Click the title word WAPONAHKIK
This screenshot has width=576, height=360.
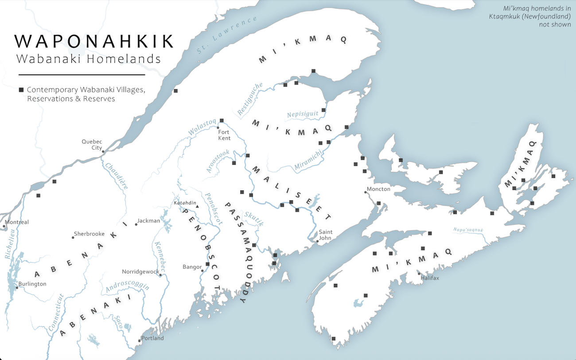(94, 41)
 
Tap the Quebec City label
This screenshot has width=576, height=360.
(92, 145)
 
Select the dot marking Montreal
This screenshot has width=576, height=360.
(4, 226)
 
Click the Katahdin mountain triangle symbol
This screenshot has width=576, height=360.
(197, 207)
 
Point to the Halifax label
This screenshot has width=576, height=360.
(430, 278)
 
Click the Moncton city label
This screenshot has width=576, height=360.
(379, 189)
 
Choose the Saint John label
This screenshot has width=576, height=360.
(326, 235)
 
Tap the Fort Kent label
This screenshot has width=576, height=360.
(224, 135)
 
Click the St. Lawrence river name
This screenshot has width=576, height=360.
(227, 36)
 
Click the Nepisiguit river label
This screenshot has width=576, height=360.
(303, 114)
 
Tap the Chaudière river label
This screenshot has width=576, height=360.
(117, 176)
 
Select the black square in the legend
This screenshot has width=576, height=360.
(21, 90)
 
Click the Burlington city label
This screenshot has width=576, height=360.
(32, 284)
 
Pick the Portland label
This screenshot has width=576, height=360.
(153, 338)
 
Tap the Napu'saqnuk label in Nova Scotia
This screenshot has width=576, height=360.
(468, 230)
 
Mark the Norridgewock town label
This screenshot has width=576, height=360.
(140, 272)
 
